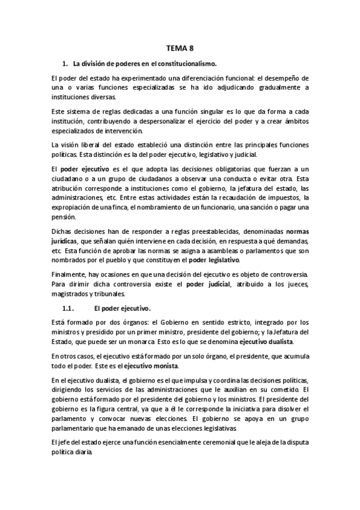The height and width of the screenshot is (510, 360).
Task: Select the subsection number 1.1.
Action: pyautogui.click(x=70, y=309)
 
